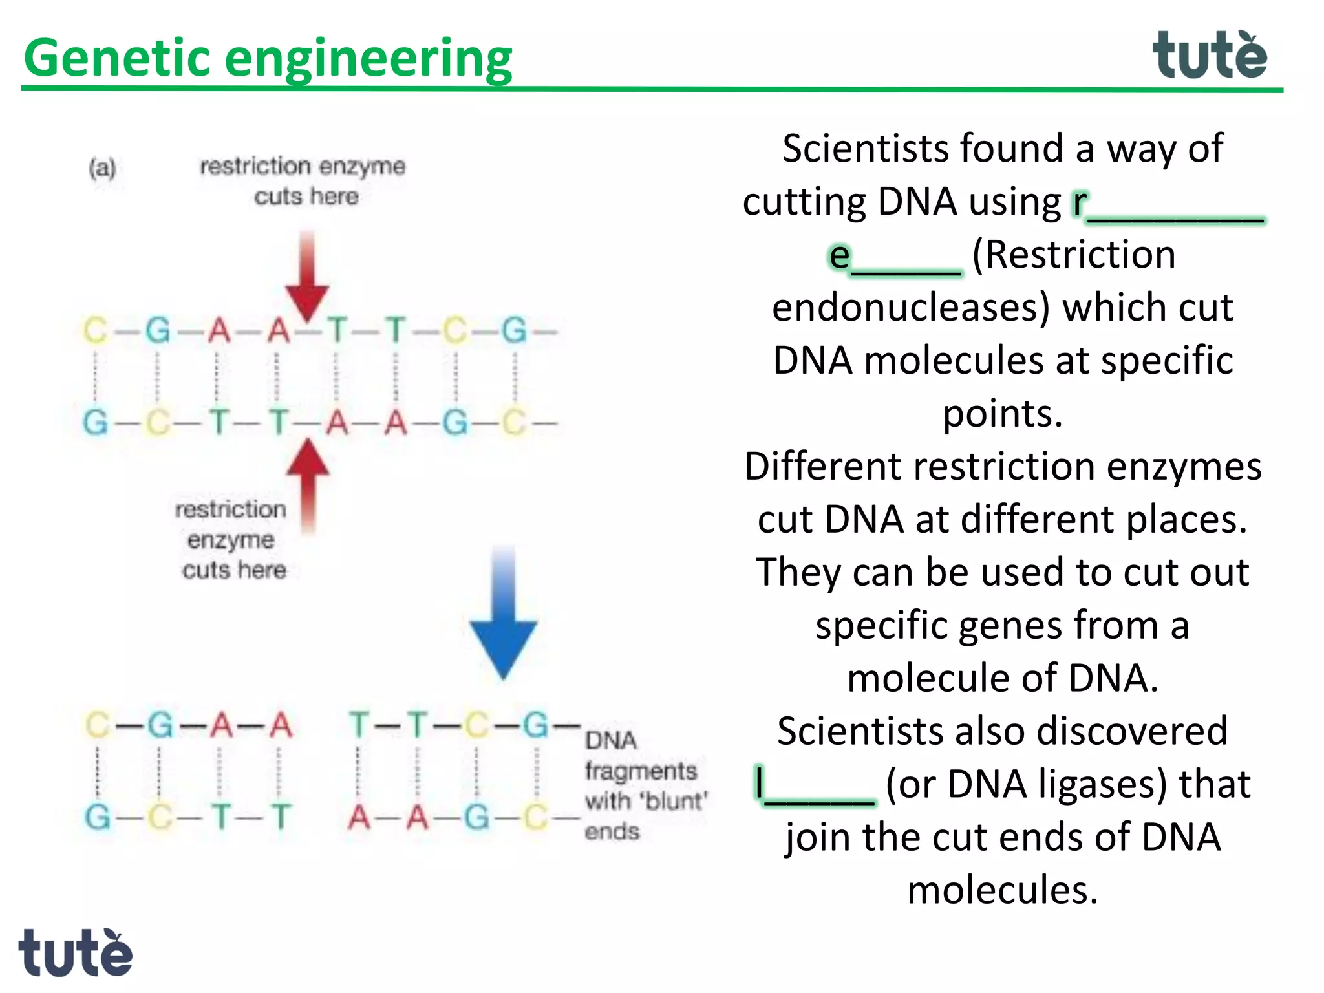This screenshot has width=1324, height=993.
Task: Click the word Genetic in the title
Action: [118, 58]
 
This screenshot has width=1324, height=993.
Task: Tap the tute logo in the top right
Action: [1210, 56]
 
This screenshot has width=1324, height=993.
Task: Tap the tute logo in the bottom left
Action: [75, 953]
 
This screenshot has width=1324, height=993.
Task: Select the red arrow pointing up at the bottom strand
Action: [308, 482]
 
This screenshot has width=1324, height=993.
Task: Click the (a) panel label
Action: [102, 169]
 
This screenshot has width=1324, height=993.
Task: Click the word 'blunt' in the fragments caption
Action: [674, 802]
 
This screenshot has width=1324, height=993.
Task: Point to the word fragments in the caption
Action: [641, 771]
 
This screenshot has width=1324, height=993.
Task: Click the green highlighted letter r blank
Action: [1168, 204]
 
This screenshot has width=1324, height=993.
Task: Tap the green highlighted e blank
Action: [895, 257]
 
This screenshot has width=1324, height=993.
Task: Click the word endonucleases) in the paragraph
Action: [910, 308]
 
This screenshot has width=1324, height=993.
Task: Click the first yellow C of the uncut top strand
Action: [95, 330]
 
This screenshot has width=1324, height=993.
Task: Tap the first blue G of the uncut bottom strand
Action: [95, 423]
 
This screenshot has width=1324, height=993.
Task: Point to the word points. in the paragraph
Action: [1002, 414]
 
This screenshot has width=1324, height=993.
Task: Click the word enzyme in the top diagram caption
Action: [362, 167]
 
